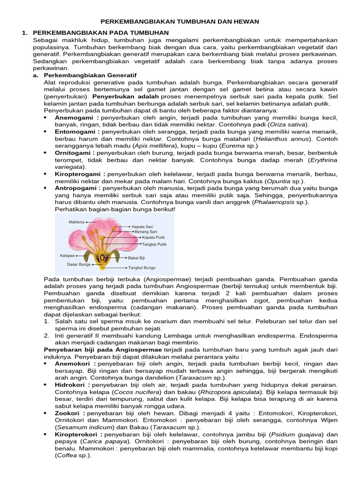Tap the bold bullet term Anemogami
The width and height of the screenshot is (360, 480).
75,118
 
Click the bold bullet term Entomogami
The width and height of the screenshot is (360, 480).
76,132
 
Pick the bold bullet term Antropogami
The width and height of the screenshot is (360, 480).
77,188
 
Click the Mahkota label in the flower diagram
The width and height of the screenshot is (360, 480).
77,222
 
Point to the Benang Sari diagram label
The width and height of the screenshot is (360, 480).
145,232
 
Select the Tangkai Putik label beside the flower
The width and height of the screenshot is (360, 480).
154,244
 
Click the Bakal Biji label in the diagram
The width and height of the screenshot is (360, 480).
136,257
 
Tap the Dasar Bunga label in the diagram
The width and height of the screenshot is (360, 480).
79,264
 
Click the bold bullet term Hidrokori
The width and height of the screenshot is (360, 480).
73,384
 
